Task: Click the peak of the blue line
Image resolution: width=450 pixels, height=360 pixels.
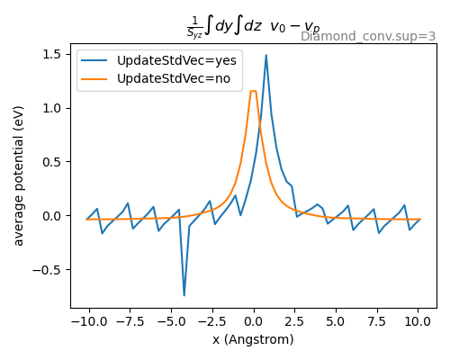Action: [x=265, y=56]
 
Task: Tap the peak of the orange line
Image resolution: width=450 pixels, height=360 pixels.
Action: [x=253, y=91]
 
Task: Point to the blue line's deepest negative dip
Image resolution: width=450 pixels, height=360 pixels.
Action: [x=184, y=295]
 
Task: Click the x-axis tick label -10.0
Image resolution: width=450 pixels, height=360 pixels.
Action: [x=86, y=321]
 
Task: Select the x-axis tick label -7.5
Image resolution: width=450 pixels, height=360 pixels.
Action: [x=128, y=321]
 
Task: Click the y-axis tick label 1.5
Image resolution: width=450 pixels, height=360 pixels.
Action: [x=52, y=54]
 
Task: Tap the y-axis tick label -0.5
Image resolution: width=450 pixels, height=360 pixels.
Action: [x=49, y=269]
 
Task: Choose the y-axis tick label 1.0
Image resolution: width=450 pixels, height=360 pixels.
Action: [x=52, y=108]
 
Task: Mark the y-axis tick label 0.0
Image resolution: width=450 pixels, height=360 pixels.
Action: [x=52, y=216]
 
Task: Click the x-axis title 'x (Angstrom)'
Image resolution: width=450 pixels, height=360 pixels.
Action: [x=253, y=339]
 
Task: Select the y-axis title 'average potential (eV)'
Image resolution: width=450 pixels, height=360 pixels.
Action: [x=19, y=175]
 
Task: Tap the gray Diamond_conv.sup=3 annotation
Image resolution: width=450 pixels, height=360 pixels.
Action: [x=368, y=37]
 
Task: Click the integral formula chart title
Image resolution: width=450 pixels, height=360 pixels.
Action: [x=253, y=28]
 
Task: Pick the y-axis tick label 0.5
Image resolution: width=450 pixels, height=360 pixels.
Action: [x=52, y=162]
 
